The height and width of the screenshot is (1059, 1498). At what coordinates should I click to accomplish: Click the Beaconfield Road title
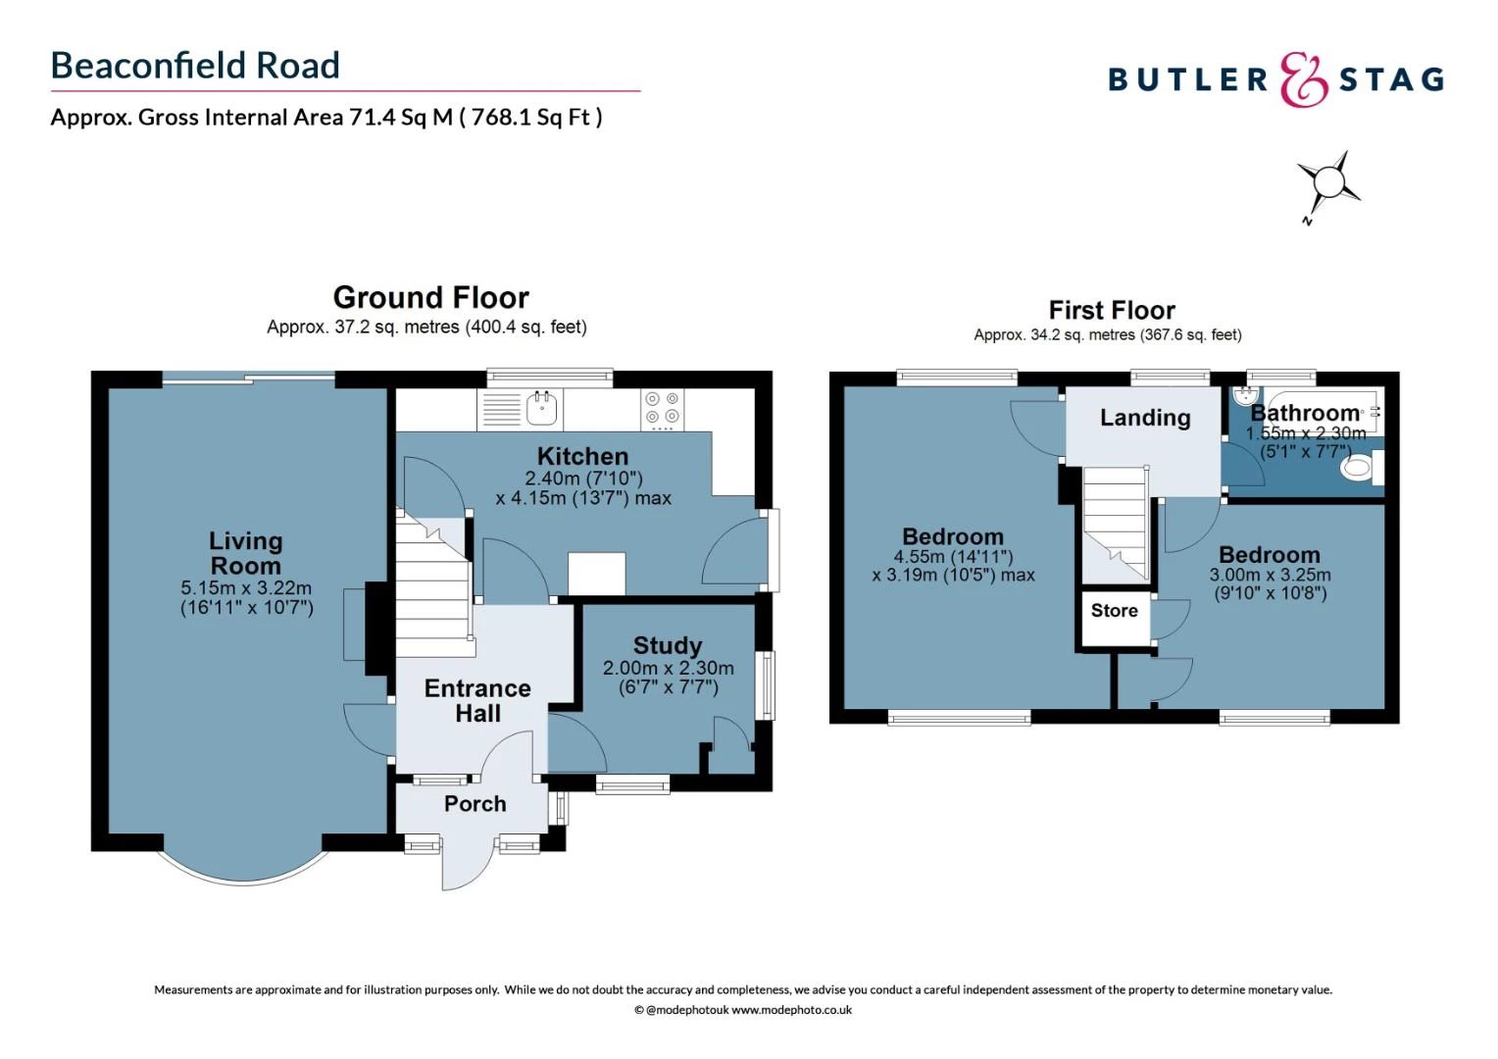(x=195, y=66)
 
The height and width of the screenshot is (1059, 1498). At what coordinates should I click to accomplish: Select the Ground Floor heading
(x=430, y=297)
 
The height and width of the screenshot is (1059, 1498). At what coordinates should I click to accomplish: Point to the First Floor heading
(x=1111, y=311)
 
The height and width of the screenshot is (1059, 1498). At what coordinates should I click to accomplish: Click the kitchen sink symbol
(x=541, y=408)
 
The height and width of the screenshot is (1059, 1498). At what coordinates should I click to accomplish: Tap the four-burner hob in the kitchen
(x=662, y=409)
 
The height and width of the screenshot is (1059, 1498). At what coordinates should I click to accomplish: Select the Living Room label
(x=245, y=553)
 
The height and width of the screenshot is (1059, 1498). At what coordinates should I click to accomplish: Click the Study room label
(x=668, y=645)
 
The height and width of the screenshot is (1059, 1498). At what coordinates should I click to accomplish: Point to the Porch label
(x=474, y=804)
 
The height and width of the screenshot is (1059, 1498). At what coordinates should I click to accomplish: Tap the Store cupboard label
(x=1114, y=611)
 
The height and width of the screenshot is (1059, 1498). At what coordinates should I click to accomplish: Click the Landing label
(x=1144, y=418)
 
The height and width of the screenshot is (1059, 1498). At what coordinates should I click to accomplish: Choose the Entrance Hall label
(x=477, y=700)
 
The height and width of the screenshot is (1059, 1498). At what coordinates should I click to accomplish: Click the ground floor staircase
(x=432, y=588)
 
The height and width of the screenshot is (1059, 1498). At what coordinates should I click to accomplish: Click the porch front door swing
(x=466, y=863)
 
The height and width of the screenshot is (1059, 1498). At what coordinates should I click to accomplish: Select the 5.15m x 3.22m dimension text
(x=246, y=588)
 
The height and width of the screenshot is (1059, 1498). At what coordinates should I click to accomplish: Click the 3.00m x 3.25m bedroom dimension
(x=1270, y=576)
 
